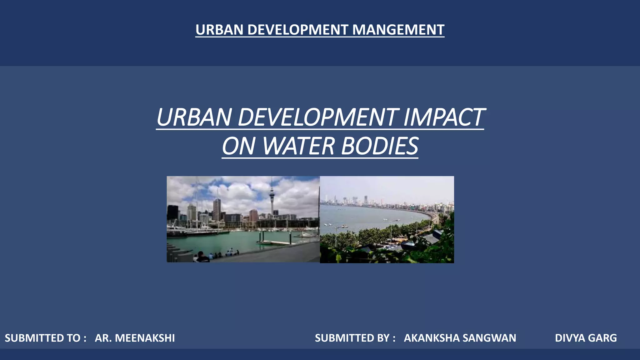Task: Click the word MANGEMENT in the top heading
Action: [398, 30]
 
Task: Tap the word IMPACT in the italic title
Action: [444, 117]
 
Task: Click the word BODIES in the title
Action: [379, 146]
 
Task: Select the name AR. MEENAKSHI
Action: [135, 338]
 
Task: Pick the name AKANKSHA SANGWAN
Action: [460, 338]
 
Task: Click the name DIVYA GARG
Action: [586, 338]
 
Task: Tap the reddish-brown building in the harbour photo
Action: [253, 215]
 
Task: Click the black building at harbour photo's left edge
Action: [172, 212]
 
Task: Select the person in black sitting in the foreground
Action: [202, 258]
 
